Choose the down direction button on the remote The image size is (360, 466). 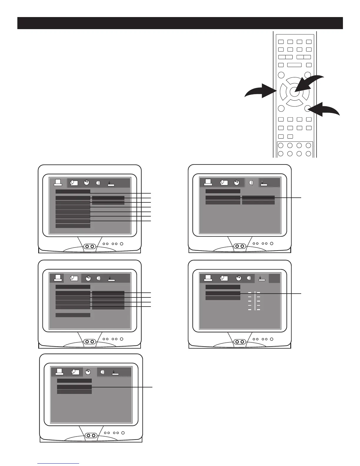click(294, 103)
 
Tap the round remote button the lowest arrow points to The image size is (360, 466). click(308, 108)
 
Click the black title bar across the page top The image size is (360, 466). click(180, 23)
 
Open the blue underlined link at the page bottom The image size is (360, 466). click(58, 463)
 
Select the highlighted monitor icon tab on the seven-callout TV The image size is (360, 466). click(58, 183)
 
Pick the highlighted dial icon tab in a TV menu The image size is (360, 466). click(88, 372)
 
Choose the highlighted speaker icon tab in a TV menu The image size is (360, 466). click(251, 183)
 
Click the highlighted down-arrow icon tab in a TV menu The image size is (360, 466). click(261, 278)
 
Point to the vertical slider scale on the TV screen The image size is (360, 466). click(254, 301)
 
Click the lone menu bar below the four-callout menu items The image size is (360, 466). click(73, 315)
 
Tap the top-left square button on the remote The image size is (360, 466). click(281, 42)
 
